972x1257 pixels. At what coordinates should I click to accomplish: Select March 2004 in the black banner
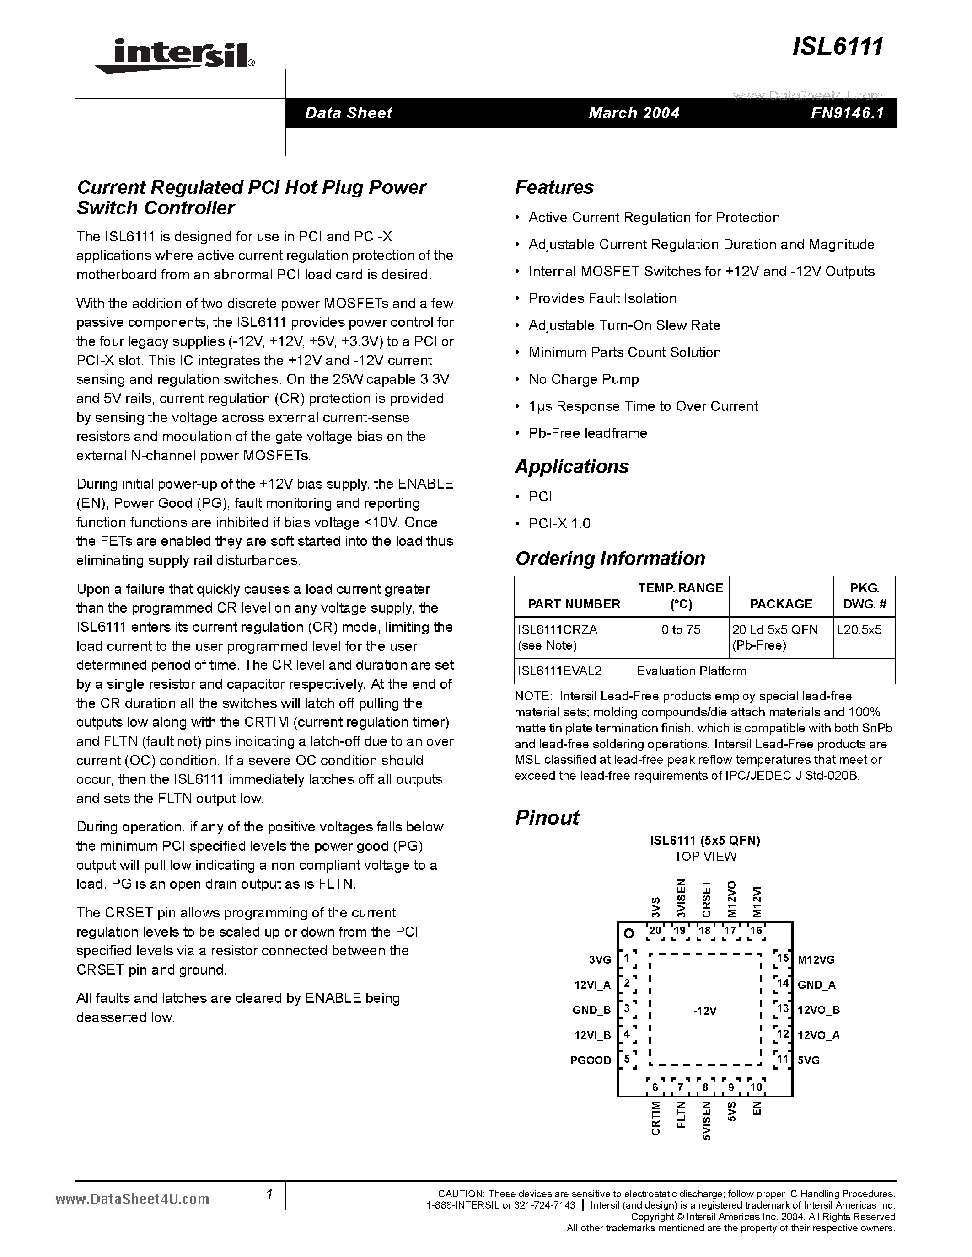634,113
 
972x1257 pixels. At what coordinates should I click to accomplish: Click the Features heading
554,187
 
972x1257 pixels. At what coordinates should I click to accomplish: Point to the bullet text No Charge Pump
583,379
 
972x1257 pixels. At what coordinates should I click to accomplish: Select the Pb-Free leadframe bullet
587,433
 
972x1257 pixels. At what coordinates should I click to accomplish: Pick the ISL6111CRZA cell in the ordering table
558,630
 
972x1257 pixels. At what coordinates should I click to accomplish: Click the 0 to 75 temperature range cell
681,630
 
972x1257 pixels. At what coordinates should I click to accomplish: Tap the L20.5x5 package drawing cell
859,630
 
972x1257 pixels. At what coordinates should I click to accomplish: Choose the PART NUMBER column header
574,604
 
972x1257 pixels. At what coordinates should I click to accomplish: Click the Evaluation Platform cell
691,671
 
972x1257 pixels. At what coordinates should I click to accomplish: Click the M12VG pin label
816,959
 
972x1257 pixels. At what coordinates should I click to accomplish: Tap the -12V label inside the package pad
705,1011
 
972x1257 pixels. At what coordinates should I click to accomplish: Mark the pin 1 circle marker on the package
629,933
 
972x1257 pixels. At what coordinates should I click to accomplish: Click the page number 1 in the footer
269,1194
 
